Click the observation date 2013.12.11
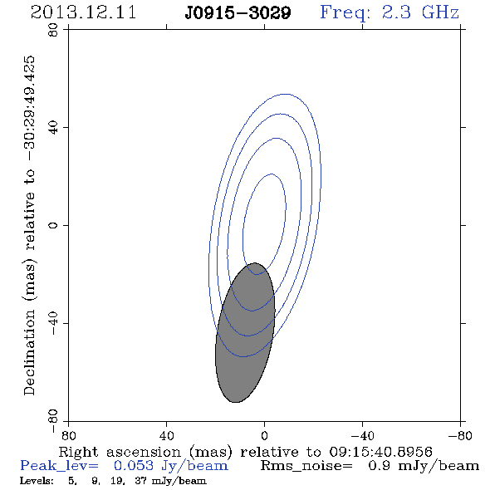click(83, 12)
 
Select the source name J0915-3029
click(238, 13)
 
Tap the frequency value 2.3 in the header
click(396, 12)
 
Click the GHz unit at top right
click(440, 12)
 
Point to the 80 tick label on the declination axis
click(53, 30)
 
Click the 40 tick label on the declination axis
click(53, 128)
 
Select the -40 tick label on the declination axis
click(53, 323)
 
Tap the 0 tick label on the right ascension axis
click(264, 436)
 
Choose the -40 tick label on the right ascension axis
click(362, 436)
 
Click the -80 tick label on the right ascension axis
click(460, 436)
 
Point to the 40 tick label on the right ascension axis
click(166, 436)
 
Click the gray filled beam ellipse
click(245, 332)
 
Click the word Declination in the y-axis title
click(29, 353)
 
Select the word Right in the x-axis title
click(78, 452)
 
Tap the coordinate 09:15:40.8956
click(381, 452)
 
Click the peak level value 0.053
click(134, 466)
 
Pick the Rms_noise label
click(306, 466)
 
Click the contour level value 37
click(140, 480)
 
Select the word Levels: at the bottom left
click(37, 480)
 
